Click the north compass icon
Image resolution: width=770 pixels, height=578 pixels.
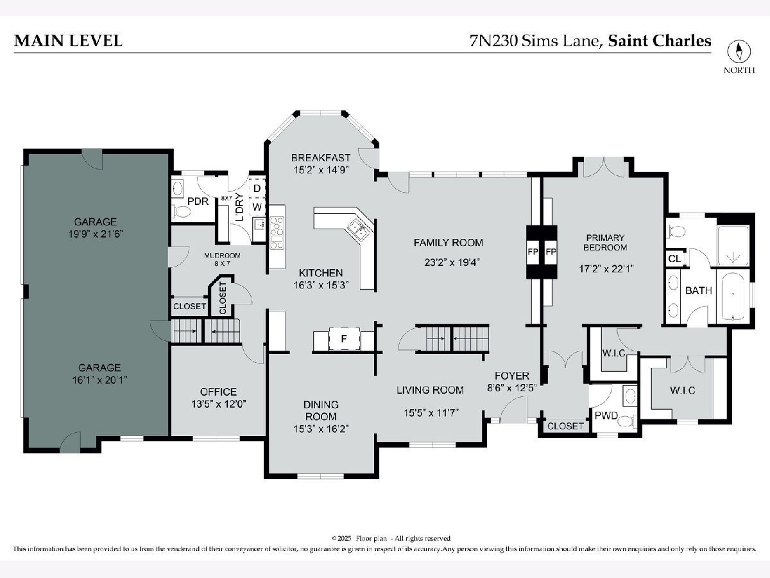739,51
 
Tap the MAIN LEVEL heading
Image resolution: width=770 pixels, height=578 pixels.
68,40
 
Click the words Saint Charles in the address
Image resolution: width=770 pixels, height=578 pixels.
660,40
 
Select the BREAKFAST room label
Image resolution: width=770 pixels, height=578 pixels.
321,158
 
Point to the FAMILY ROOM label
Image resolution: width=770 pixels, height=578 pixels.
448,243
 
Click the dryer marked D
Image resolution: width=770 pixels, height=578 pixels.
257,188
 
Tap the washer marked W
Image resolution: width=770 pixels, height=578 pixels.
257,207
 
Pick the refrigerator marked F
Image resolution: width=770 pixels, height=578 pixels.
344,338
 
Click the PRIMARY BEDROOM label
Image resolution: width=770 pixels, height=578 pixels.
605,242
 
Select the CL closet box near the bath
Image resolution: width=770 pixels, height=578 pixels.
675,259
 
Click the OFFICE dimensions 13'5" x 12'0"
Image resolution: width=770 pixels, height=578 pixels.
219,404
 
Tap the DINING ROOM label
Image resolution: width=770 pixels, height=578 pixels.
321,410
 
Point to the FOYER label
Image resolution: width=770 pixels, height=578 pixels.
512,376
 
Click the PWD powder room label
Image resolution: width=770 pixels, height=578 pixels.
606,416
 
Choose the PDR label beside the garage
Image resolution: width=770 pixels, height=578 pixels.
198,202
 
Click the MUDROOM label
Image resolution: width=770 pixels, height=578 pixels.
222,256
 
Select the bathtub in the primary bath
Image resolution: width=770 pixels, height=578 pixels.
733,296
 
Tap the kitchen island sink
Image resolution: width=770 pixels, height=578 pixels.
359,229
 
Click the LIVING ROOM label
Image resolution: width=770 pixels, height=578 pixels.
430,390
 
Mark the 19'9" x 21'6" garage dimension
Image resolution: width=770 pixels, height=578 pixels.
96,234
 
